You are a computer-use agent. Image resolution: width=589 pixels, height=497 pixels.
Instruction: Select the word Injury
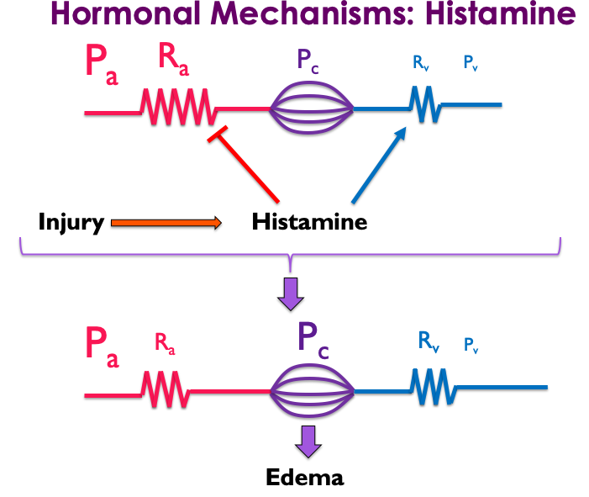(x=71, y=223)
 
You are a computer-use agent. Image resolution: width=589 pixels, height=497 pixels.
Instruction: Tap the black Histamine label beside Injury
(x=309, y=223)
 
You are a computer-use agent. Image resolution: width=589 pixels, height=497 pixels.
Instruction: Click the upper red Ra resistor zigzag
(x=180, y=108)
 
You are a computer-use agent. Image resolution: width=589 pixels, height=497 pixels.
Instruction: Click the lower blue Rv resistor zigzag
(x=433, y=388)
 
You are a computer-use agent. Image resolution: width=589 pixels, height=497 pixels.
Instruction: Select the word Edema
(x=305, y=478)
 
